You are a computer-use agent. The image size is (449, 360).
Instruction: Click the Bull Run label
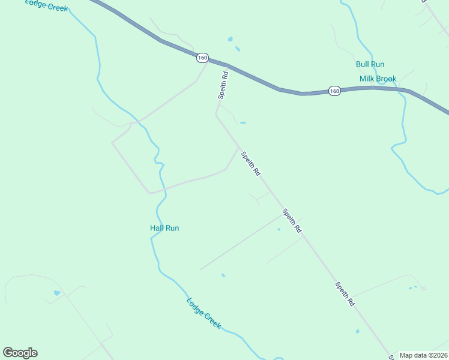(370, 64)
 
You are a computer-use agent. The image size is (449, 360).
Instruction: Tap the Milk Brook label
(378, 79)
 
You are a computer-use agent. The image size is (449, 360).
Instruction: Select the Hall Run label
(164, 228)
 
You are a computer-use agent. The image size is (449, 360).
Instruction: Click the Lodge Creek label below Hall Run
(203, 313)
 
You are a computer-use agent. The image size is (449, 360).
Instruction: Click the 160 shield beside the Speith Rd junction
(202, 58)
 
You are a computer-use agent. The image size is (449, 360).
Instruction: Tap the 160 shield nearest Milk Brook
(334, 91)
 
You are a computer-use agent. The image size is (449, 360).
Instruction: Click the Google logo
(20, 353)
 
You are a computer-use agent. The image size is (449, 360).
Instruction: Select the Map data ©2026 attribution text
(423, 355)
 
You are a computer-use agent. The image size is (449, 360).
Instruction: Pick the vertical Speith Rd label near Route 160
(223, 85)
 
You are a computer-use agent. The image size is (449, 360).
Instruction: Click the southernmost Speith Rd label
(345, 295)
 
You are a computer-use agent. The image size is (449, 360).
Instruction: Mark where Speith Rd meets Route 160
(228, 65)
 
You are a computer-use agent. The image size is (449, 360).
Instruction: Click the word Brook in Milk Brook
(387, 79)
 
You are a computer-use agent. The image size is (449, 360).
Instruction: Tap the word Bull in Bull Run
(363, 64)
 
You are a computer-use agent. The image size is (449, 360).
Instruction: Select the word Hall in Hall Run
(157, 228)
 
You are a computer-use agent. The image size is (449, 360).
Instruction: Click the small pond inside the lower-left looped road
(57, 293)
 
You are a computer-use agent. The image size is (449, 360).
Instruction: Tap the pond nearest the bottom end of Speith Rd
(357, 331)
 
